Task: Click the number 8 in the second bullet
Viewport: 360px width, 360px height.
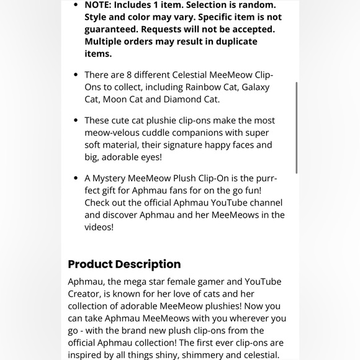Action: point(135,75)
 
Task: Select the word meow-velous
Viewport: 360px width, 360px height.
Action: point(111,133)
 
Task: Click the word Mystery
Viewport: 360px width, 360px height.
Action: point(115,179)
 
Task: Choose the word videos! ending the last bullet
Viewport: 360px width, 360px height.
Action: point(99,227)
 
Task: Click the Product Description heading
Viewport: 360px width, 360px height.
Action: point(124,264)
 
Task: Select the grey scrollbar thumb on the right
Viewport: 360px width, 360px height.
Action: point(297,127)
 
